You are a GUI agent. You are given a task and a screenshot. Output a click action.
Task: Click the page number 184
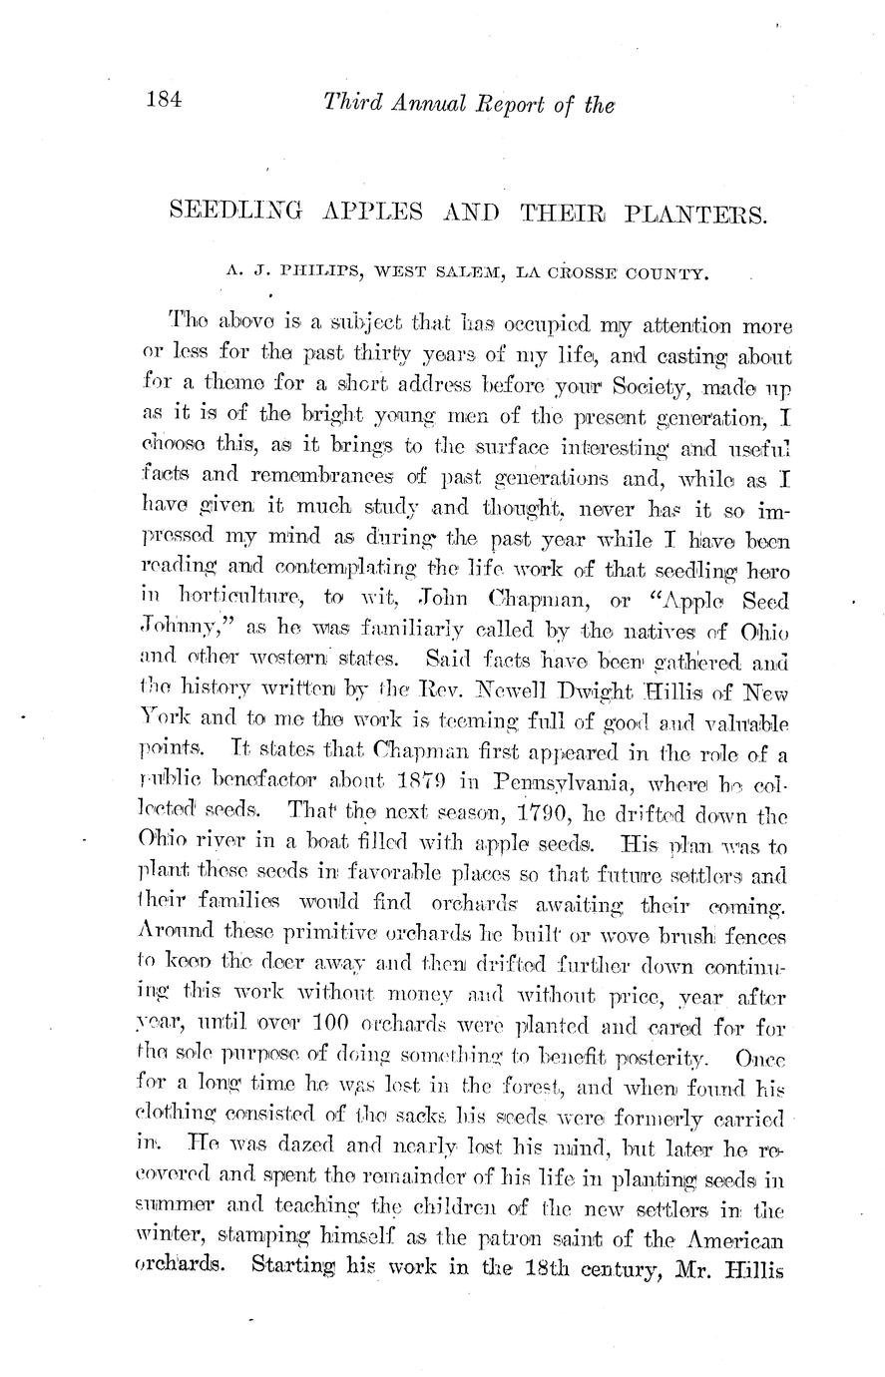tap(163, 100)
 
